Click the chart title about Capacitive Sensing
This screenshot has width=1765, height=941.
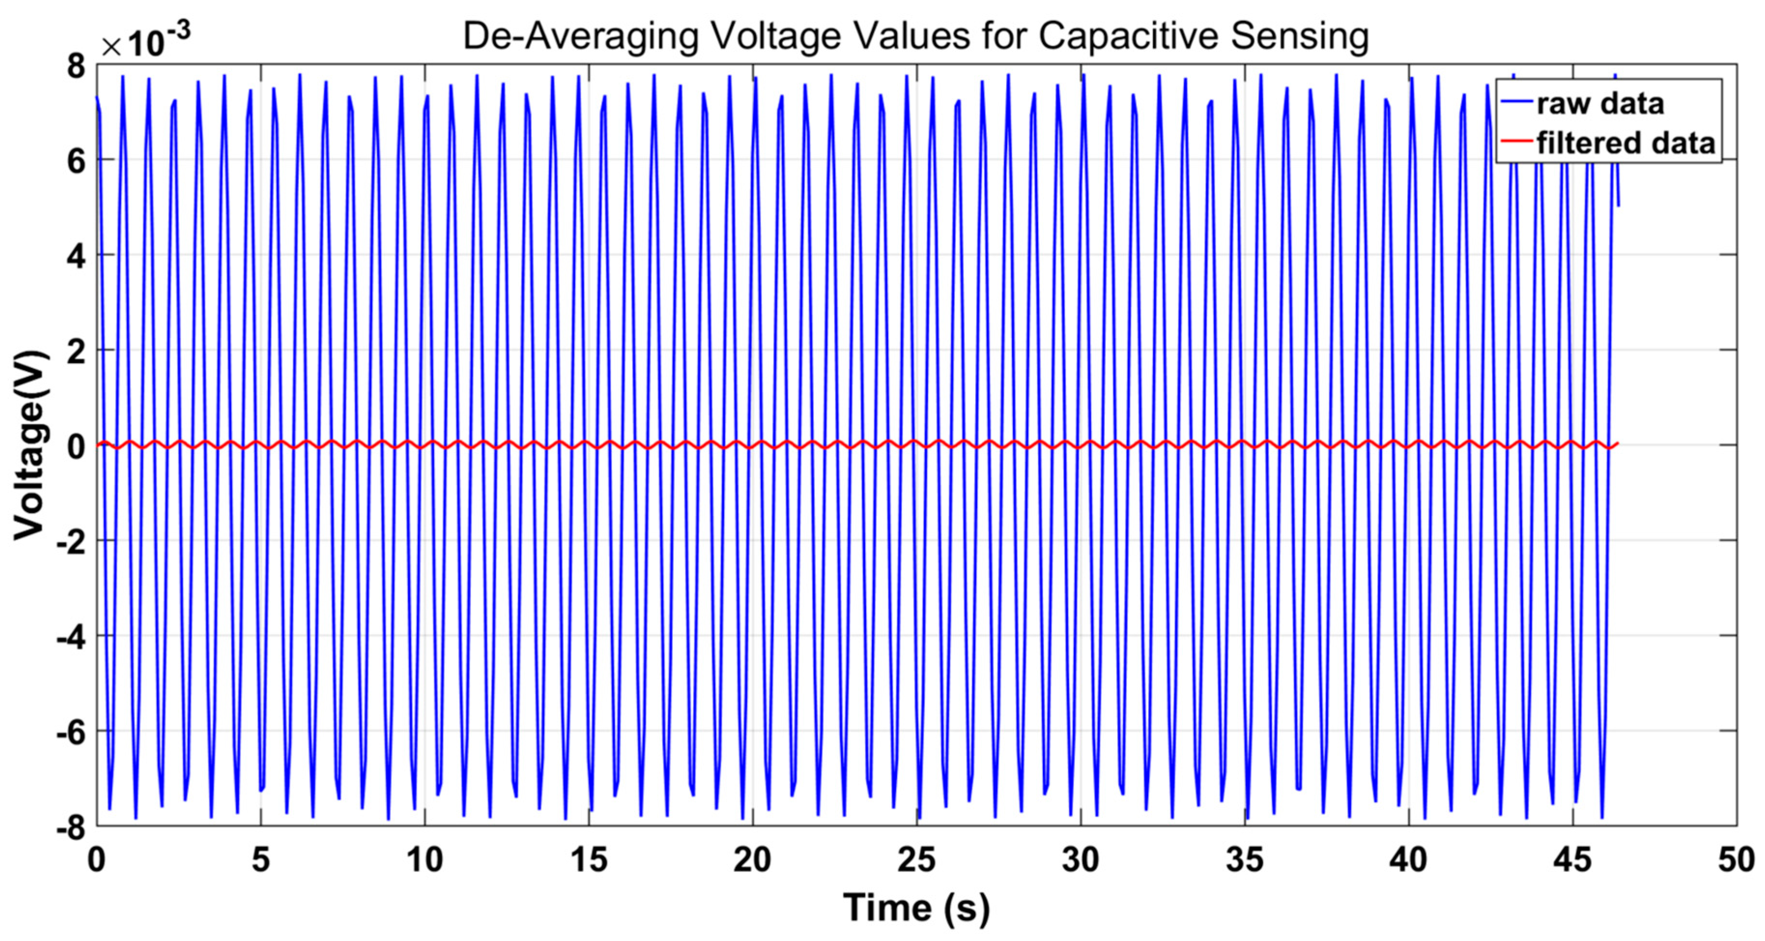(915, 36)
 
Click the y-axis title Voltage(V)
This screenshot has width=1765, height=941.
(31, 445)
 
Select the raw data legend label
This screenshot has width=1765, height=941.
(1600, 103)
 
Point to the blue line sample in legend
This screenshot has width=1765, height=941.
(1516, 102)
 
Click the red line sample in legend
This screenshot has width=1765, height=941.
(1516, 141)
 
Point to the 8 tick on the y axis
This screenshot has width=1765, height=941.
(75, 67)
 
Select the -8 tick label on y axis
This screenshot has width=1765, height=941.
(71, 828)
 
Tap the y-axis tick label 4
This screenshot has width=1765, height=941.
(75, 257)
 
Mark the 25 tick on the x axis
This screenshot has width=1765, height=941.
(916, 859)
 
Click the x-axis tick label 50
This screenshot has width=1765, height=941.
(1736, 859)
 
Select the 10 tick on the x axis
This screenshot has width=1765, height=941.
(425, 859)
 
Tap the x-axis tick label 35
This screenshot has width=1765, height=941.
(1244, 859)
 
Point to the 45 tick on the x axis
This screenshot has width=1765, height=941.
(1572, 859)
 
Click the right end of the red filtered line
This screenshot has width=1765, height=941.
(1618, 444)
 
